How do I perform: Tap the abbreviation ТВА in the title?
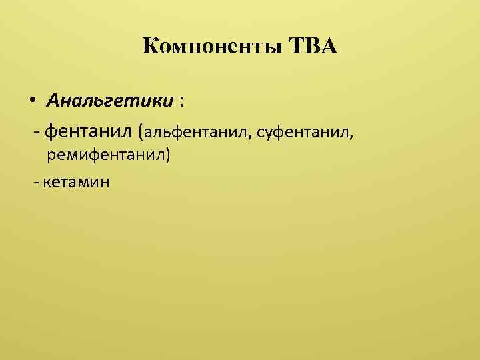click(314, 47)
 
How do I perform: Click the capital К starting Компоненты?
click(151, 47)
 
